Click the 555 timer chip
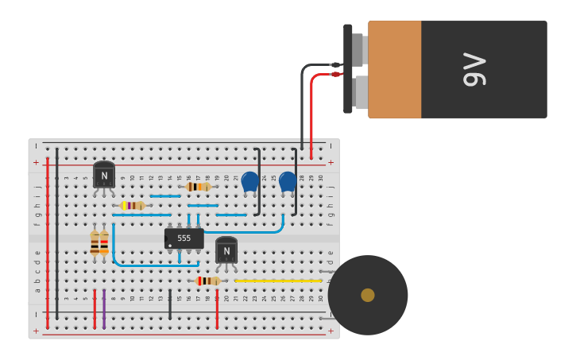[x=184, y=238]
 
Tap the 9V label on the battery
[x=474, y=69]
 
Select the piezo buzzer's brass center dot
[x=367, y=295]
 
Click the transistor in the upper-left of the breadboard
[x=104, y=175]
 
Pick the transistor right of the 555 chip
[x=226, y=250]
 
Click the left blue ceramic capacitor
[x=250, y=181]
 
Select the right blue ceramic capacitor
[x=288, y=181]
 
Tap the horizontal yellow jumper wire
[x=278, y=281]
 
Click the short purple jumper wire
[x=104, y=308]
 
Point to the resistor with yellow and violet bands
[x=133, y=205]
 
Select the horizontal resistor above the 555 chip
[x=198, y=187]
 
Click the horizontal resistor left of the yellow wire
[x=208, y=281]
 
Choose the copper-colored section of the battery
[x=394, y=69]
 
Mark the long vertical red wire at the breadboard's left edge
[x=48, y=238]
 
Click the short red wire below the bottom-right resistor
[x=217, y=308]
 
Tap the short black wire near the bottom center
[x=170, y=304]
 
